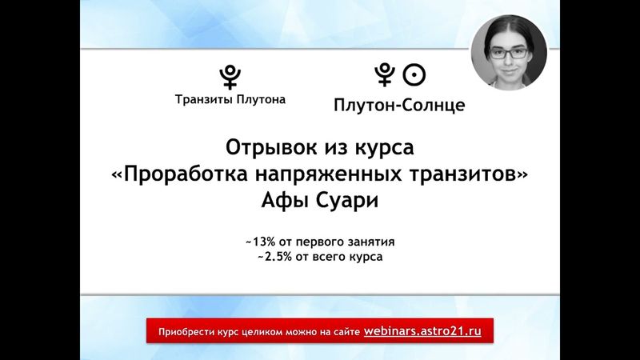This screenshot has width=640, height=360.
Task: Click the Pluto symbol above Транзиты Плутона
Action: click(230, 76)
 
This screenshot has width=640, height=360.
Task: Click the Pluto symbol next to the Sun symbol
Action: click(386, 75)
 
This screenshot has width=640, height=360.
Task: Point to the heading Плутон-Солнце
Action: click(398, 105)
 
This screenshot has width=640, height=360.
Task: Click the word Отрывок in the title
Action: click(262, 150)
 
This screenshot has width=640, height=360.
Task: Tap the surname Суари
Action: click(343, 201)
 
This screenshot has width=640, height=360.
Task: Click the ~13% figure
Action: click(265, 241)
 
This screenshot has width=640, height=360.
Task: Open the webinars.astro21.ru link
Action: click(422, 330)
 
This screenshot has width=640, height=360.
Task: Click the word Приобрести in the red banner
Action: click(186, 331)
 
